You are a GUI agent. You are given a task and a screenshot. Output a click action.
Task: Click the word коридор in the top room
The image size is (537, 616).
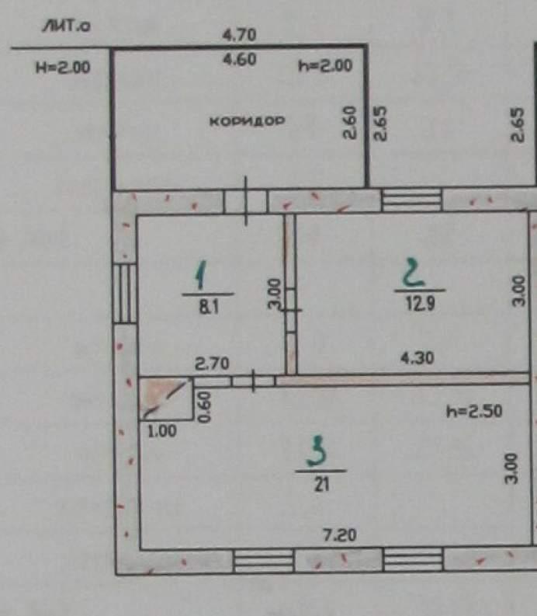click(248, 121)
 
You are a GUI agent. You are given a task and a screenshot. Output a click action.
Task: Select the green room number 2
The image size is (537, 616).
click(414, 272)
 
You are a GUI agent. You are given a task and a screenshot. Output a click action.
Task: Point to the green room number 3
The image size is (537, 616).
click(318, 451)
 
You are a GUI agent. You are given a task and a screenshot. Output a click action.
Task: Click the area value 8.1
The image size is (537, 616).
click(209, 306)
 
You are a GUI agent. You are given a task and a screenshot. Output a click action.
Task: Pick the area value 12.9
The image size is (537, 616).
click(420, 303)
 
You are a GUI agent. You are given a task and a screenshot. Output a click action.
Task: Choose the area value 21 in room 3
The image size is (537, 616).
click(321, 485)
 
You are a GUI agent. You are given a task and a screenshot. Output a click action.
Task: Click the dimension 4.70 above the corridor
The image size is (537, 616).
click(240, 35)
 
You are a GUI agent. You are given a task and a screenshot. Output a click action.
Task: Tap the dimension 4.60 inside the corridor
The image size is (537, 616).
click(240, 59)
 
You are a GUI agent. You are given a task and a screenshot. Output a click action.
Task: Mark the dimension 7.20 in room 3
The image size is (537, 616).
click(340, 534)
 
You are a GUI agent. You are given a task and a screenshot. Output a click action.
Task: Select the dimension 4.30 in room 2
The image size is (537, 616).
click(417, 358)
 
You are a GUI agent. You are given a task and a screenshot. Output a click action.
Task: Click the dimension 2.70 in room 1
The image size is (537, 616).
click(212, 364)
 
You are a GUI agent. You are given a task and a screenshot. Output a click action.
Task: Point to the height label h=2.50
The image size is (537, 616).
click(474, 412)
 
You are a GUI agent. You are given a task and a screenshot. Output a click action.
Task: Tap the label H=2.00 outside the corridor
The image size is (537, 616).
click(63, 68)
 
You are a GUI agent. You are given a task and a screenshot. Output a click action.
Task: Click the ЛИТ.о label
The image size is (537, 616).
click(66, 26)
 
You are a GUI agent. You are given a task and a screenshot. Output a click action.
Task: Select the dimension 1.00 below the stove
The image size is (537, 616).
click(161, 431)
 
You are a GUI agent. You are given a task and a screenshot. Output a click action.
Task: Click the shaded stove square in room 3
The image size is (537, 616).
click(166, 398)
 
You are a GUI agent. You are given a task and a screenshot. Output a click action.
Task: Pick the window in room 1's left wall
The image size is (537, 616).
click(125, 293)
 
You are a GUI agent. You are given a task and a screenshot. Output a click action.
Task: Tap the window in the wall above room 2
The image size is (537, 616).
click(412, 200)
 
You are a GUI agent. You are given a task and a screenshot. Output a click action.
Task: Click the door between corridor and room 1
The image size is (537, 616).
click(246, 201)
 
